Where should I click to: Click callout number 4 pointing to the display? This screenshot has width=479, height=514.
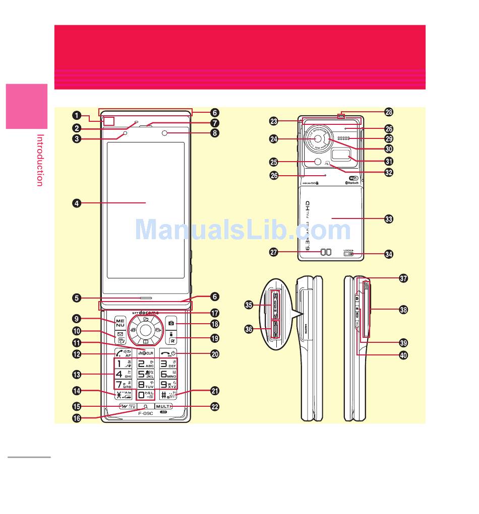pos(76,203)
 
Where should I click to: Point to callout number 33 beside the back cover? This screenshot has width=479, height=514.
pos(388,219)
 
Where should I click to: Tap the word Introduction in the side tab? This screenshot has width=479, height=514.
pos(40,160)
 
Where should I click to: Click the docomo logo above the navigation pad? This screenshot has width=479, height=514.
pos(149,312)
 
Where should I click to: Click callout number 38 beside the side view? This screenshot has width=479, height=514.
pos(403,310)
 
